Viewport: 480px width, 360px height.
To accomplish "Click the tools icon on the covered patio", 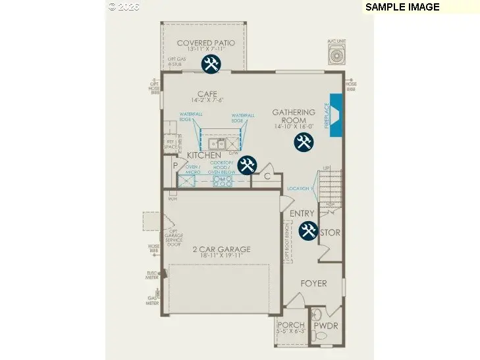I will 211,64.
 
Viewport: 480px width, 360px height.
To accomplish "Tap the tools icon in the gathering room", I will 304,141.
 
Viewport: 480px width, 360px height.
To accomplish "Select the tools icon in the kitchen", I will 247,165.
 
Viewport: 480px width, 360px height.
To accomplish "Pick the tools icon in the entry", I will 307,230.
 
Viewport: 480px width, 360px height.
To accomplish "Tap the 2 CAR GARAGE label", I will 221,249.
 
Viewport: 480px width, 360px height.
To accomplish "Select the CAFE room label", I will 207,94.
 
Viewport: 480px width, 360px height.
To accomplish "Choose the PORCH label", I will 290,325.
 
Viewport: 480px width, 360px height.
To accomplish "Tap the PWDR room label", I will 325,325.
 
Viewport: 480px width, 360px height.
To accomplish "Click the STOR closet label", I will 330,232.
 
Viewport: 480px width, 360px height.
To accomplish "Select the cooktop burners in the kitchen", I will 223,179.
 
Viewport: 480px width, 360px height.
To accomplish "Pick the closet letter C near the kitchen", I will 267,176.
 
